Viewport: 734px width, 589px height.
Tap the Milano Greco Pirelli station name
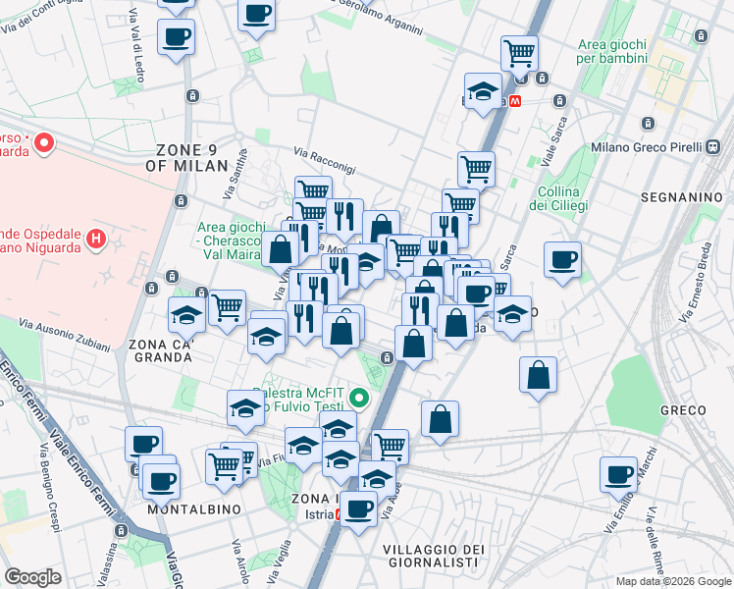tap(648, 147)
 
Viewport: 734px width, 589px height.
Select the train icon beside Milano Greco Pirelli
tap(713, 147)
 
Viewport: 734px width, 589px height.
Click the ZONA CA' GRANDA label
tap(160, 350)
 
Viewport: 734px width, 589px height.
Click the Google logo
tap(32, 577)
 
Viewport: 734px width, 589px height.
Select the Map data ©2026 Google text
tap(673, 581)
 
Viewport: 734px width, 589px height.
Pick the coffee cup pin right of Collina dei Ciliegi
tap(562, 260)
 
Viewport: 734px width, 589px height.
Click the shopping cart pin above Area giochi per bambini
tap(518, 52)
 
